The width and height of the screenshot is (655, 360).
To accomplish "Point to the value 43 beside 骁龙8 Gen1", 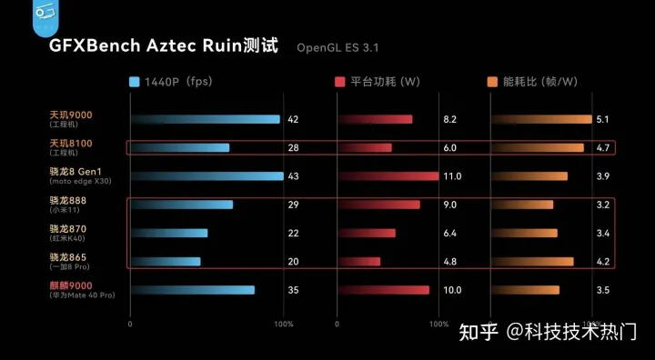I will click(293, 175).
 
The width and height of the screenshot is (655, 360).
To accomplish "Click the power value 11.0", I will click(452, 175).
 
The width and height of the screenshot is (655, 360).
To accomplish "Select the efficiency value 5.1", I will click(602, 119).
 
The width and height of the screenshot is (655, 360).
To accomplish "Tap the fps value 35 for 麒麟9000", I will click(293, 290).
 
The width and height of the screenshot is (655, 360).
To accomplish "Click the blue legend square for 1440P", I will click(135, 82).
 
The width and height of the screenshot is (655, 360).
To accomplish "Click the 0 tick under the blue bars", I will click(130, 323).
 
